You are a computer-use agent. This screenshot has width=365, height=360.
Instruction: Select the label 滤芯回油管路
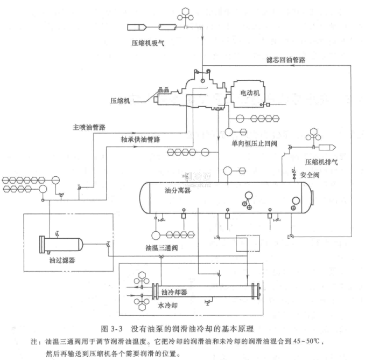click(287, 60)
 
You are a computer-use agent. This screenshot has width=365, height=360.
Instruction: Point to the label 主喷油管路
click(89, 128)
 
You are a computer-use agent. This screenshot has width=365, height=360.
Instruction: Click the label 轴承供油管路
click(141, 139)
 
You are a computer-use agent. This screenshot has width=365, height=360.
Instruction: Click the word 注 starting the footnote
click(35, 341)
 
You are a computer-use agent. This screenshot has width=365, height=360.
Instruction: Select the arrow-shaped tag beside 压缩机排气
click(328, 146)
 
